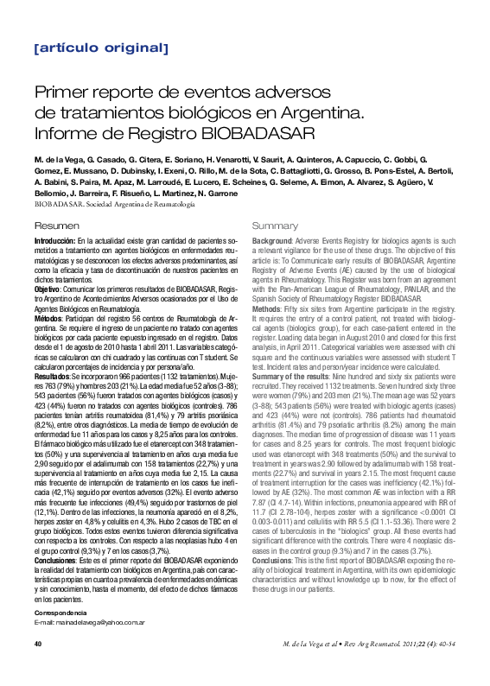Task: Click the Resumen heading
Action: [x=54, y=225]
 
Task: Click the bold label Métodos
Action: [x=48, y=319]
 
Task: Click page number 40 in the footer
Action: [x=38, y=668]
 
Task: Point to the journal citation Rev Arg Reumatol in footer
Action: [x=366, y=669]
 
